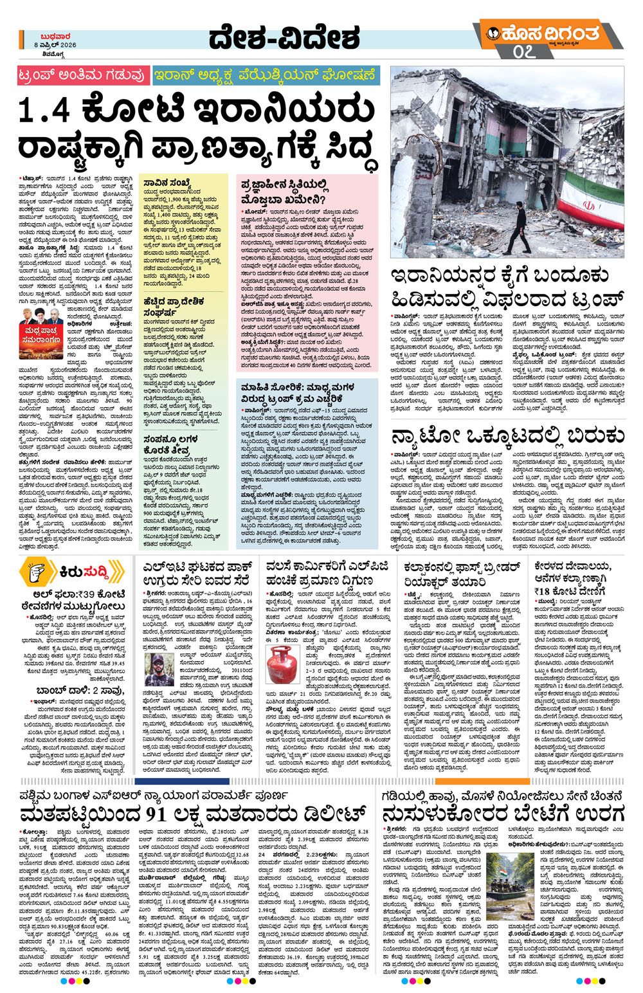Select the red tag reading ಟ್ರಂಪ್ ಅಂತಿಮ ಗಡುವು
click(82, 76)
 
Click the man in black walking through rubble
click(513, 228)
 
